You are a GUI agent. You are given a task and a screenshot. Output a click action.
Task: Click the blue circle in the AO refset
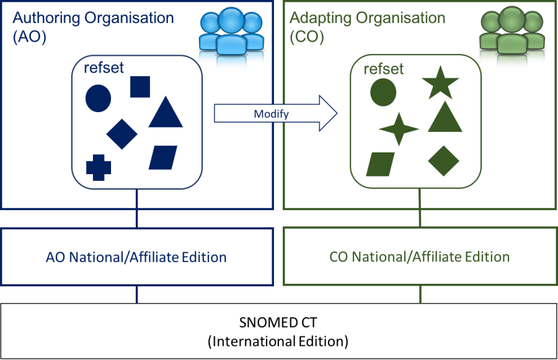click(x=98, y=99)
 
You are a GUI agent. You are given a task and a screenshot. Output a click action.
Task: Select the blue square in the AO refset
click(x=140, y=87)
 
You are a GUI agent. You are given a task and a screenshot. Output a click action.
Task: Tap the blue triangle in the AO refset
click(x=166, y=113)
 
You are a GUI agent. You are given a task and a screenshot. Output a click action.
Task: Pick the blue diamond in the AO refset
click(x=122, y=133)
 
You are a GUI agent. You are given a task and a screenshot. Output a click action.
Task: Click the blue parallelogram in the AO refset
click(x=163, y=157)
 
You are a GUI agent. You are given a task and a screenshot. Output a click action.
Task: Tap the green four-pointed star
click(x=399, y=130)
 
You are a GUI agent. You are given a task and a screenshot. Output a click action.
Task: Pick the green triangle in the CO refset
click(x=445, y=117)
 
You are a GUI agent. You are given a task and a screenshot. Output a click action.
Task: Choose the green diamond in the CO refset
click(x=443, y=160)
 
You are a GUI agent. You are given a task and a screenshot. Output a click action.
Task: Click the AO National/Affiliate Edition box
click(x=136, y=257)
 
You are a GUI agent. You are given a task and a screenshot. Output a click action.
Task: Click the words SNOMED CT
click(x=277, y=323)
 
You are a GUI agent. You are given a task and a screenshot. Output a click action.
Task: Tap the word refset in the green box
click(x=383, y=69)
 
